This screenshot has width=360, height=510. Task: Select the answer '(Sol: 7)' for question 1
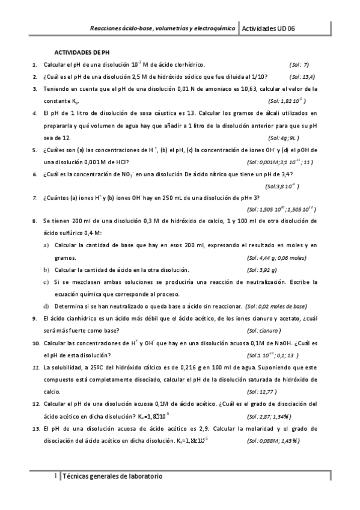click(299, 64)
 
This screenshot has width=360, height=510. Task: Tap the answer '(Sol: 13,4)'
click(302, 76)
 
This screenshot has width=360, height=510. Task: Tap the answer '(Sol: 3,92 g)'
click(261, 269)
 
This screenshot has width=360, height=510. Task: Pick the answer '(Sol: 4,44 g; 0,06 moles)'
click(276, 257)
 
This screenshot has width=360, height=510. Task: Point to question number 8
click(35, 222)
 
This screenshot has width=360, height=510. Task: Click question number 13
click(36, 411)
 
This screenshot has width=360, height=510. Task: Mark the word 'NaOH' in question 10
click(285, 343)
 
